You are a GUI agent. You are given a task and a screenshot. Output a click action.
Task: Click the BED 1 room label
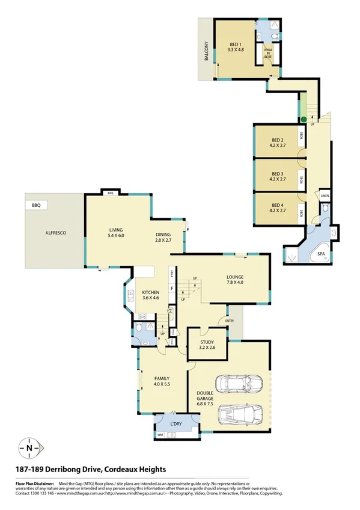(235, 44)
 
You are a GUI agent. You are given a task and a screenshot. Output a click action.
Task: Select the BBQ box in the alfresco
(36, 205)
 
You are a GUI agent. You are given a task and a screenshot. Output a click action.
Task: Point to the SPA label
(321, 255)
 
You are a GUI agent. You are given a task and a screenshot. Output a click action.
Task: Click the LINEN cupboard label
(325, 196)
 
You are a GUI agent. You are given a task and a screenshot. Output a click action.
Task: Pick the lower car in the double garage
(240, 414)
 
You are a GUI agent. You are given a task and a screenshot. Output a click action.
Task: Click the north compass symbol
(29, 447)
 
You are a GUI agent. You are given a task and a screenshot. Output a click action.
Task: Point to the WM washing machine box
(160, 434)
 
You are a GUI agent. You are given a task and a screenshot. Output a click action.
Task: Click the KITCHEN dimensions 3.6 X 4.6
(151, 298)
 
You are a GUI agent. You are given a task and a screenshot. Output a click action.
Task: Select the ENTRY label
(230, 321)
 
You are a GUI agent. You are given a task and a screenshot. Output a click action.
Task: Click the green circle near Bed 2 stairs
(304, 120)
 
